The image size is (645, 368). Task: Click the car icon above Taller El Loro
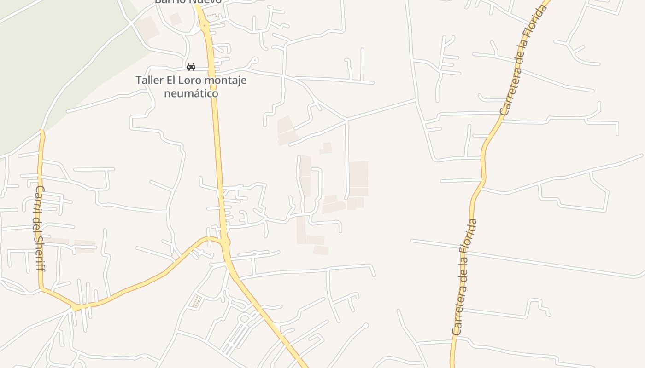(191, 67)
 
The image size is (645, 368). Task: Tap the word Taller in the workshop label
(149, 80)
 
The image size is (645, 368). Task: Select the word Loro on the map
(190, 80)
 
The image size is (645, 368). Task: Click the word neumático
(191, 93)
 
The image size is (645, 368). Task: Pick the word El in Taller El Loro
(170, 80)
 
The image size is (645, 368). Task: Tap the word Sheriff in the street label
(40, 253)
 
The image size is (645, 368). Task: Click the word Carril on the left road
(39, 198)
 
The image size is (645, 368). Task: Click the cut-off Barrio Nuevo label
(188, 2)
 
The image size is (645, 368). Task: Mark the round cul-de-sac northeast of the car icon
(255, 60)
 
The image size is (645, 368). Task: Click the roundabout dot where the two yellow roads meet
(225, 242)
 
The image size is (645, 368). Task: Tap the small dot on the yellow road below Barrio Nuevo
(204, 26)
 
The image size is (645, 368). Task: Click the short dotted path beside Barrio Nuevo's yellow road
(211, 16)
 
